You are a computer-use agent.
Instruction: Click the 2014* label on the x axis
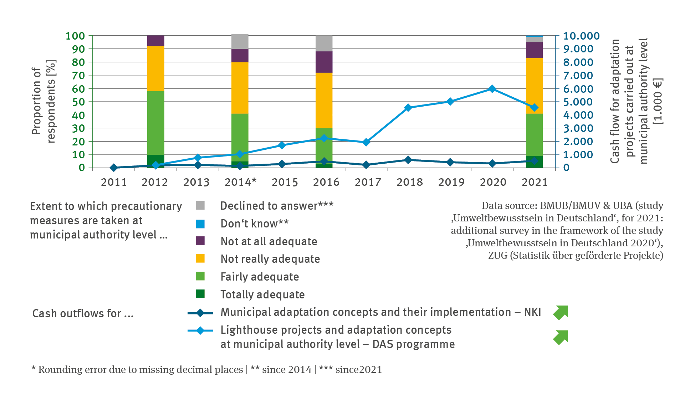click(x=240, y=182)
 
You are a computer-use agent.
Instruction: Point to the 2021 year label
click(x=534, y=182)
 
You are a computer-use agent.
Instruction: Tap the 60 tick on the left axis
click(x=78, y=89)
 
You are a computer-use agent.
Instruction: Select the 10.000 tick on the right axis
click(x=581, y=36)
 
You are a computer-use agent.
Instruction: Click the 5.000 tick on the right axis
click(x=578, y=102)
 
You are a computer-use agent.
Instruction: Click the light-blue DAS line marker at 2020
click(x=492, y=89)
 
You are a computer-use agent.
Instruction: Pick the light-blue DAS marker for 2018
click(x=408, y=108)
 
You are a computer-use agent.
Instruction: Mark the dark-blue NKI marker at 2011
click(x=114, y=168)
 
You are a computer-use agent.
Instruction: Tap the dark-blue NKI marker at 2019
click(x=450, y=162)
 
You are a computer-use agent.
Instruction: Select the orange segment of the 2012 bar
click(x=156, y=68)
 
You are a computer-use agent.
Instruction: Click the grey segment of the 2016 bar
click(x=324, y=43)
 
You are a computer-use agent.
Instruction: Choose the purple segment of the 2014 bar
click(x=240, y=56)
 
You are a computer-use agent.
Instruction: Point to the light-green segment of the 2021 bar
click(x=534, y=135)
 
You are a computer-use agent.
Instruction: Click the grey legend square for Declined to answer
click(x=200, y=206)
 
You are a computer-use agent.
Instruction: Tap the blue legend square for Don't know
click(x=200, y=224)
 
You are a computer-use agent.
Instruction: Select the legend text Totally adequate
click(x=262, y=294)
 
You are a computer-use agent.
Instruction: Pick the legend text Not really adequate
click(x=270, y=259)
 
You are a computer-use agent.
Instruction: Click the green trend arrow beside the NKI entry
click(x=561, y=312)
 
